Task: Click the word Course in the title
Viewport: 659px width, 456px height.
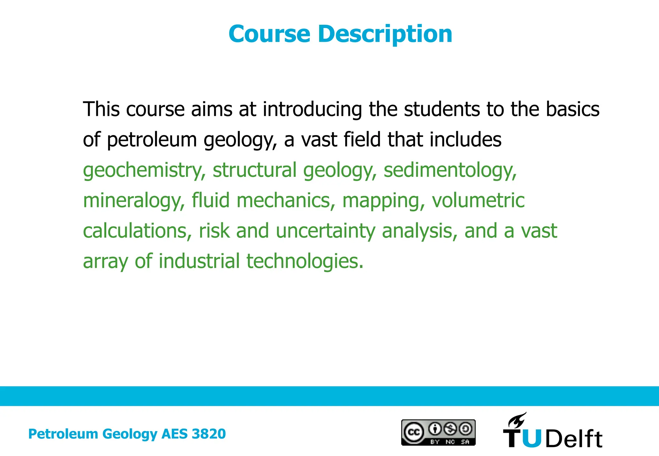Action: tap(269, 34)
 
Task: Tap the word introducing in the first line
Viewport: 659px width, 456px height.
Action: tap(312, 109)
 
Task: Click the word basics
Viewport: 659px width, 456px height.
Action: tap(572, 109)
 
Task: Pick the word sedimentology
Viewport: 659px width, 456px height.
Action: tap(450, 170)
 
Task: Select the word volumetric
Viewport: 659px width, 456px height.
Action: tap(478, 201)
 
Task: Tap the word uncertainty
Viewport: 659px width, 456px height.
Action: tap(325, 231)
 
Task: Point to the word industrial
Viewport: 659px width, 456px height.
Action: tap(199, 261)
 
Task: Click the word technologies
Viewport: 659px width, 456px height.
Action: tap(305, 261)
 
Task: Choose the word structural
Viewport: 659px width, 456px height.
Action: tap(254, 170)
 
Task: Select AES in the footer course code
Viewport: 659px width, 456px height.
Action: tap(174, 434)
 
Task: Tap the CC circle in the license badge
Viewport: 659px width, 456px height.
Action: tap(413, 432)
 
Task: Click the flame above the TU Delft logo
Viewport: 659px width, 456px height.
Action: tap(517, 419)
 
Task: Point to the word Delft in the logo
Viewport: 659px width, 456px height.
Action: tap(574, 439)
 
